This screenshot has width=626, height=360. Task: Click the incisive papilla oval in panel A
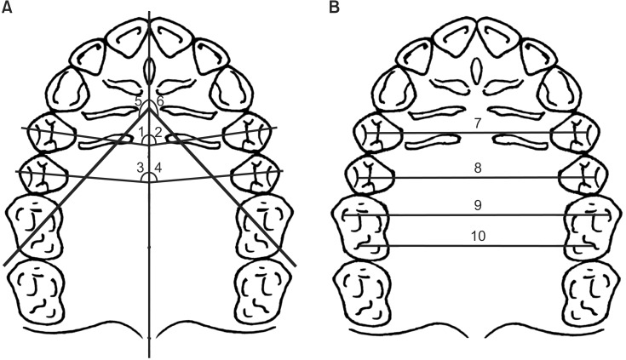pyautogui.click(x=150, y=68)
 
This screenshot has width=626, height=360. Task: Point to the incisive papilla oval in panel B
pyautogui.click(x=478, y=68)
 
